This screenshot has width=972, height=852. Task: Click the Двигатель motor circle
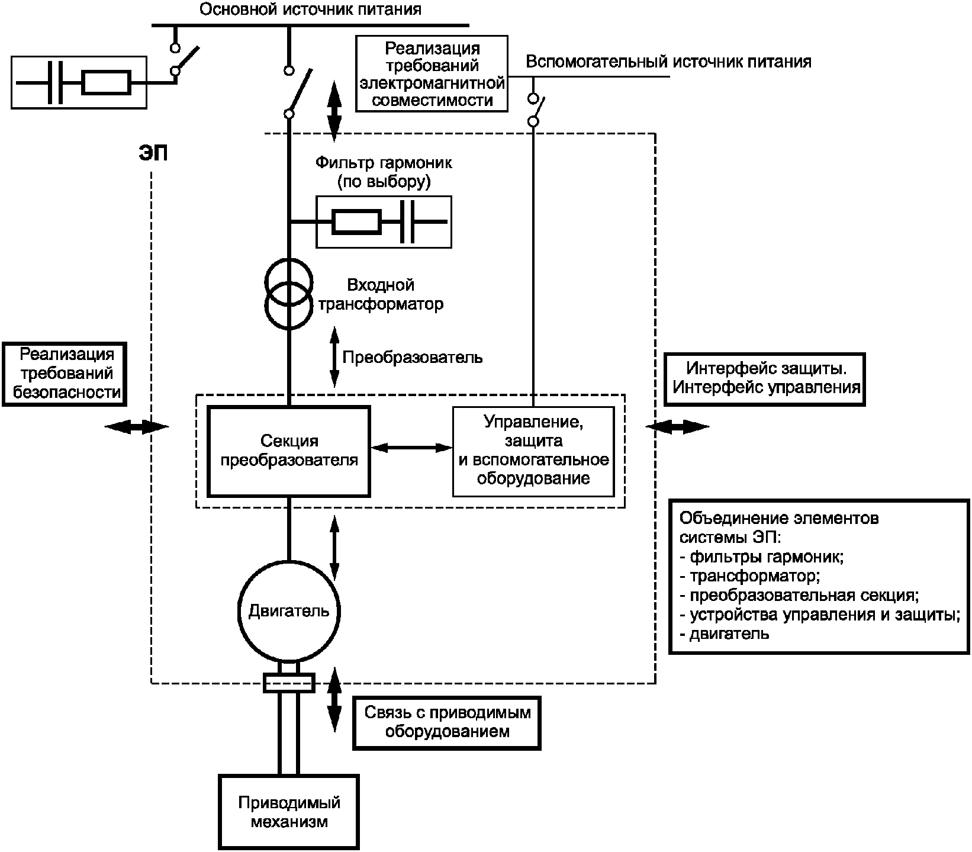point(288,610)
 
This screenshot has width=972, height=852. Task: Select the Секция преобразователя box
point(288,451)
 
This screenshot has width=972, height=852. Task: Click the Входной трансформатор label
point(380,295)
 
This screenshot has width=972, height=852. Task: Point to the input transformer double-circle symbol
point(288,294)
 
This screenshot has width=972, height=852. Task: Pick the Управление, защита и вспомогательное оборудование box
point(533,451)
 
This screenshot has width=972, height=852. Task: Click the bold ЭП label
point(153,153)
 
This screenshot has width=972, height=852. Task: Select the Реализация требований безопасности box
point(65,374)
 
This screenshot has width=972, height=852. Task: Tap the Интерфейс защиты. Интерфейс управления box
point(765,379)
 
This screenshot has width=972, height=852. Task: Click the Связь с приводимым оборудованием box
point(447,722)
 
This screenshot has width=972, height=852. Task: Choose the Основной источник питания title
point(310,10)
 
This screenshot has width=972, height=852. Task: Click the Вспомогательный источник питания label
point(668,62)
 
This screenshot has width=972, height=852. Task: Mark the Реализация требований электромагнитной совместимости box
point(432,73)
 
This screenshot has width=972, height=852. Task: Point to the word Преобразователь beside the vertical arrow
point(412,358)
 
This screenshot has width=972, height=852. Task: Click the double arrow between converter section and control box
point(411,448)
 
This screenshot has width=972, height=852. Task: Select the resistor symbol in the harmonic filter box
point(356,221)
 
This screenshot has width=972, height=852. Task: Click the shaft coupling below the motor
point(288,683)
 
